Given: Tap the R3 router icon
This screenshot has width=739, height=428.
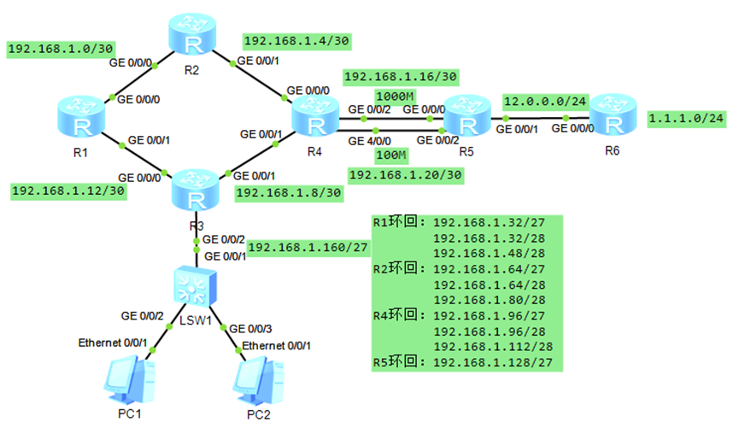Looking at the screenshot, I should [196, 191].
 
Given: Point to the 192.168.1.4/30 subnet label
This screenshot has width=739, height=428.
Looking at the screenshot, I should [296, 41].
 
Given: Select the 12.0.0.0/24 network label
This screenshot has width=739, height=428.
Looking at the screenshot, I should [544, 101].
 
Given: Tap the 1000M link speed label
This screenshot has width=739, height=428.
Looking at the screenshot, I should [396, 95].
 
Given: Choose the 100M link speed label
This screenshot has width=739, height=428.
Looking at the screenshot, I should [390, 154].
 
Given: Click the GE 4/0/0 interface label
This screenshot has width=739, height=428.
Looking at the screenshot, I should [369, 140].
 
